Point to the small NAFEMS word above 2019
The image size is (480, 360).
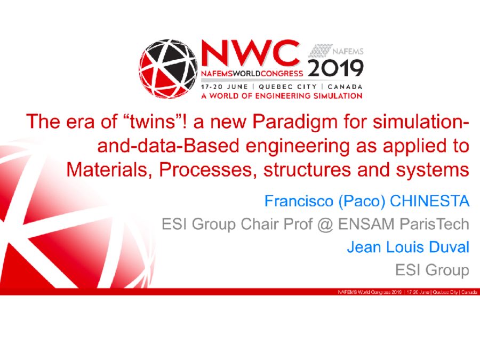(x=349, y=52)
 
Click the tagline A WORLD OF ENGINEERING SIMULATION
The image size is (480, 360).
(x=282, y=96)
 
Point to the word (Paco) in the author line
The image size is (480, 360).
(x=362, y=202)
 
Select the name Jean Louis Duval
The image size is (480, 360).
(x=408, y=247)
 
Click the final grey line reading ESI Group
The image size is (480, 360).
(x=433, y=270)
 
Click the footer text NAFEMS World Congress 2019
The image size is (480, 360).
(x=370, y=292)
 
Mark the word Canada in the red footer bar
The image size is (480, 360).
(x=469, y=292)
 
